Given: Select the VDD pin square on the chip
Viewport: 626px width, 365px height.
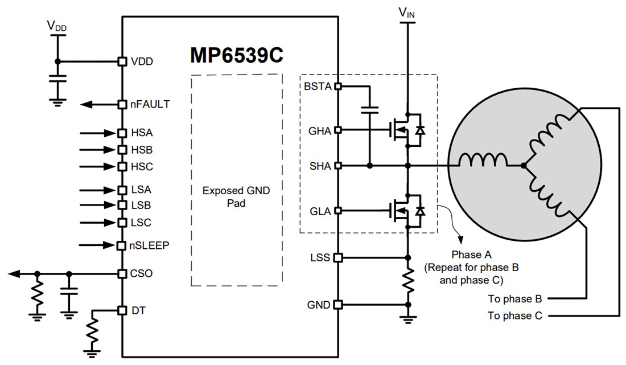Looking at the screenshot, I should click(121, 61).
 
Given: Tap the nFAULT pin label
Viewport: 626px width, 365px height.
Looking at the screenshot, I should click(150, 105).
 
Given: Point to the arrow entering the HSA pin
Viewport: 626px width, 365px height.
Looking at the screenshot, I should click(98, 133).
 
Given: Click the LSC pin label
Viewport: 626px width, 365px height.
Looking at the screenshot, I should click(141, 223).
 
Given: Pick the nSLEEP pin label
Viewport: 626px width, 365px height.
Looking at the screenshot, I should click(150, 246).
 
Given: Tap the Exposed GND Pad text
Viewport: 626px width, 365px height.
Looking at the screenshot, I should click(236, 196).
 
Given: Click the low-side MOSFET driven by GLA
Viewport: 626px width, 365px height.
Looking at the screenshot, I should click(402, 211).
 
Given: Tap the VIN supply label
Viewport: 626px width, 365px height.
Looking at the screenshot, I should click(407, 13).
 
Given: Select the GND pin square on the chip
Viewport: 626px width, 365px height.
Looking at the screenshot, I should click(338, 305).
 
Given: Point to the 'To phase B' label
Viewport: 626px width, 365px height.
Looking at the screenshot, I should click(514, 299).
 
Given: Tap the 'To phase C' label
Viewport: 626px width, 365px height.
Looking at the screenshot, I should click(514, 315).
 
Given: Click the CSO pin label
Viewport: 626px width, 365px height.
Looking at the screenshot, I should click(142, 274).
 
